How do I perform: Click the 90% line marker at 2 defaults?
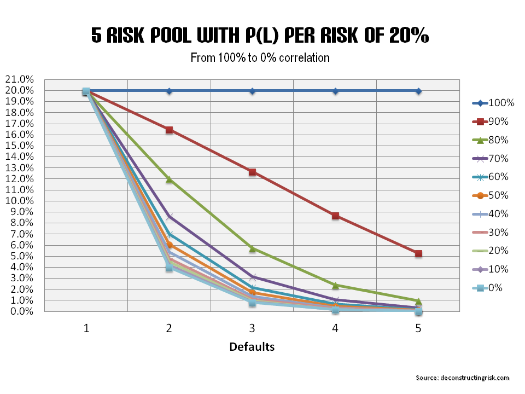[170, 130]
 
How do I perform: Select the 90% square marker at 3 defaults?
[252, 172]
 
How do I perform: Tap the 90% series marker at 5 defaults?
[418, 253]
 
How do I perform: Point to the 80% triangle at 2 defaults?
[170, 179]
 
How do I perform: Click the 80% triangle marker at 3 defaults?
[252, 248]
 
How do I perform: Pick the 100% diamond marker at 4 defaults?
[335, 91]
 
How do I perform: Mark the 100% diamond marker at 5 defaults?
[418, 91]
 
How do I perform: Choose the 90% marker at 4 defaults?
[335, 216]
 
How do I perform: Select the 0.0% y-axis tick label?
[21, 311]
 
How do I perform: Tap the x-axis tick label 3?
[252, 328]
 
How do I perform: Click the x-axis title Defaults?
[252, 346]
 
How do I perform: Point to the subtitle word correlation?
[306, 57]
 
